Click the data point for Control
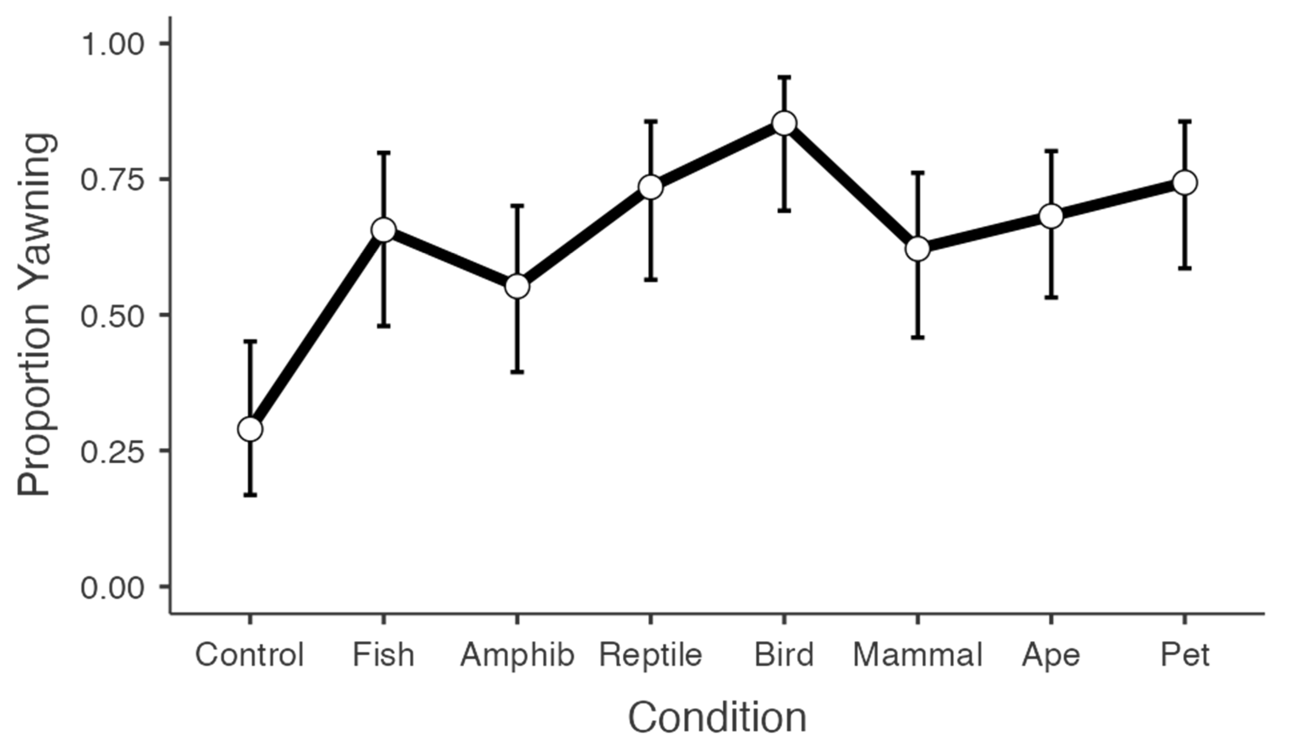tap(250, 429)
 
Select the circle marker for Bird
tap(784, 124)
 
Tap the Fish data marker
tap(383, 230)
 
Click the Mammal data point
tap(918, 249)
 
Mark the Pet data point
tap(1185, 182)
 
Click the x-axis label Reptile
tap(650, 655)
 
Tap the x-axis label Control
tap(250, 655)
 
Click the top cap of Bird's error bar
tap(784, 77)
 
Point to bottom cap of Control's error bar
tap(250, 495)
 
